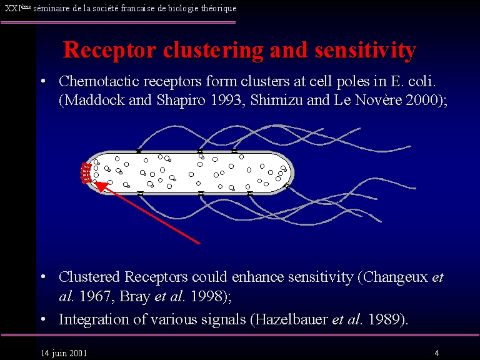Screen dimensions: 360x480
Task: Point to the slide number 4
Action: point(437,353)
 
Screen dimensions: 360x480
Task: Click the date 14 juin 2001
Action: point(64,353)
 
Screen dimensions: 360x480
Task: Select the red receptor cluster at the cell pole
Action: point(86,173)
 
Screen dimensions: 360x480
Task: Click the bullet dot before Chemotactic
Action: point(42,82)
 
